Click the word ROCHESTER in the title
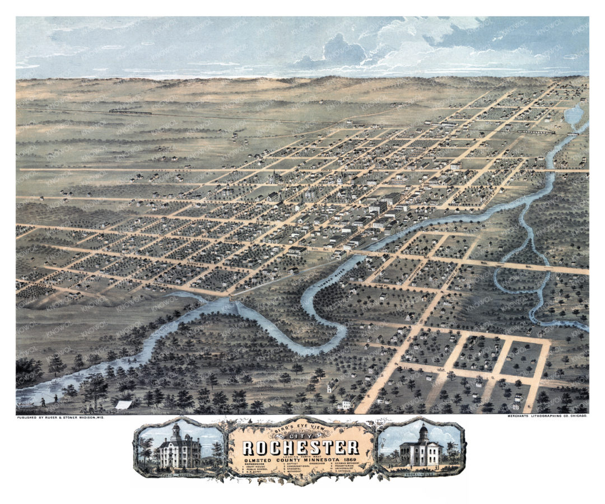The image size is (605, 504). click(x=300, y=447)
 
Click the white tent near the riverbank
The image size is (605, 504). click(x=123, y=404)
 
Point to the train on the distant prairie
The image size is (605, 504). click(x=130, y=112)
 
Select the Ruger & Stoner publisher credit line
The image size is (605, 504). click(x=62, y=418)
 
